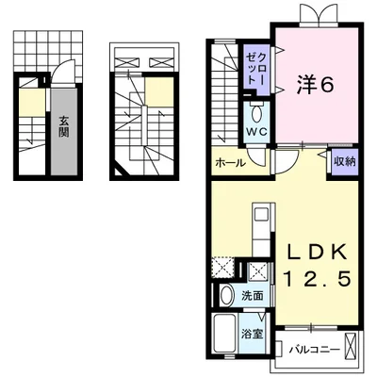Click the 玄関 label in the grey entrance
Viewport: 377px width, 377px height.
pos(64,126)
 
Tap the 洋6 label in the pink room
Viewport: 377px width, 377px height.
pos(314,85)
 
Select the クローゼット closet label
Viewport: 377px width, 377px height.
pos(255,69)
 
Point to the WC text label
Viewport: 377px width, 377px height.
pos(256,132)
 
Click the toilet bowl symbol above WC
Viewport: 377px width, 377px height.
pos(257,114)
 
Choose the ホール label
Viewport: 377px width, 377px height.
pos(230,163)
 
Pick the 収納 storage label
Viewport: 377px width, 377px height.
pos(345,161)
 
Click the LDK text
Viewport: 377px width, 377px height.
pos(317,251)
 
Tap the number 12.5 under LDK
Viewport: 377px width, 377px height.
pos(317,279)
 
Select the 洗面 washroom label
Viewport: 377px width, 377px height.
pos(253,296)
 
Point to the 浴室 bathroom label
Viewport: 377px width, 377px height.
pos(252,335)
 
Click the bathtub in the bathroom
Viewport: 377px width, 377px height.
pos(225,335)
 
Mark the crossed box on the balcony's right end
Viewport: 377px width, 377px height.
pos(352,346)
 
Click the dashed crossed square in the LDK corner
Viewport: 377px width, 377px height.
pos(223,267)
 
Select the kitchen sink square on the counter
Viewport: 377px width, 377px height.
pos(260,215)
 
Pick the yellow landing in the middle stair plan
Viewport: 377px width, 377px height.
pos(159,91)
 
